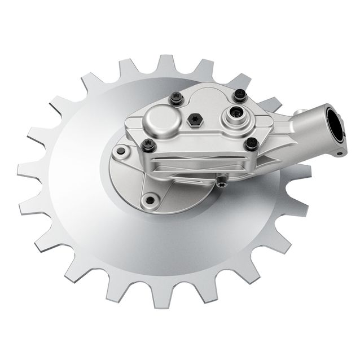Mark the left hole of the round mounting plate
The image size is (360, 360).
tap(120, 151)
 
